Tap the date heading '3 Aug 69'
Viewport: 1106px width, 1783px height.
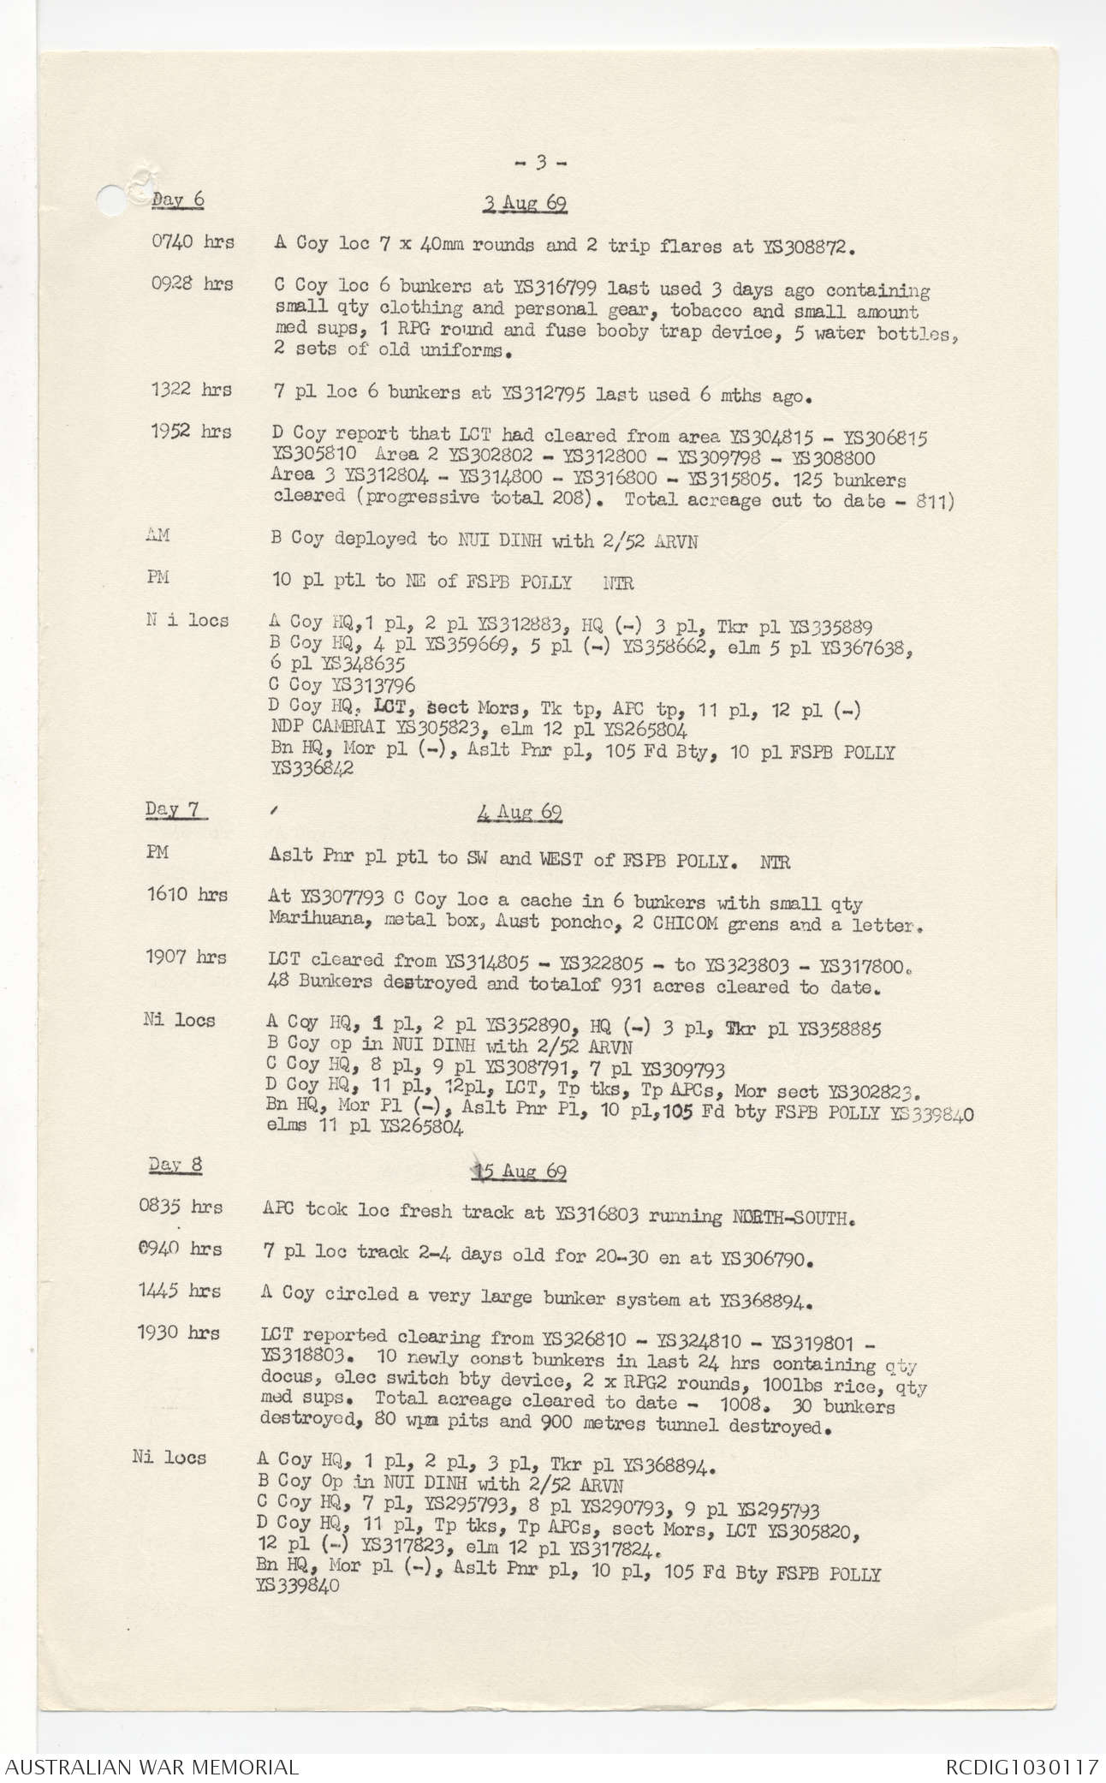tap(524, 204)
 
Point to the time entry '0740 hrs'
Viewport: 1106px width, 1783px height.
tap(193, 243)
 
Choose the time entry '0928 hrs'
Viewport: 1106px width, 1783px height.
tap(192, 285)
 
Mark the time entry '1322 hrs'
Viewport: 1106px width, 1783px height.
tap(191, 391)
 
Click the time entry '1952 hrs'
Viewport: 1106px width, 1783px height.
tap(191, 432)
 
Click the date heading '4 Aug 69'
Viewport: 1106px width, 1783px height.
tap(520, 813)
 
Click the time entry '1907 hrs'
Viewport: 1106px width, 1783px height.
tap(186, 957)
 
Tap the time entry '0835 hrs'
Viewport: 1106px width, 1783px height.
tap(181, 1208)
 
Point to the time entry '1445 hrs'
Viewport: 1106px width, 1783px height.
tap(180, 1291)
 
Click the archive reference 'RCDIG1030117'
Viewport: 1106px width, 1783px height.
tap(1021, 1767)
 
